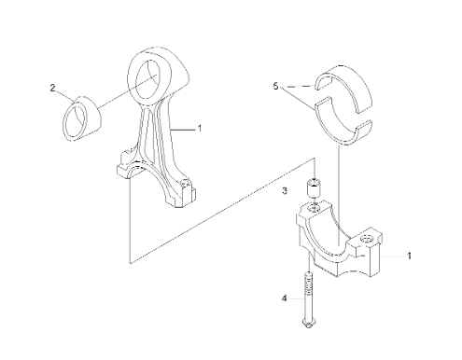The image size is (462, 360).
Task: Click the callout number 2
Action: [52, 88]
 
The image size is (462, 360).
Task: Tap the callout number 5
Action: [275, 86]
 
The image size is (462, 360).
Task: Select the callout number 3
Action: [285, 190]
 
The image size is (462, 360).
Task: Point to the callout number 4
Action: [284, 298]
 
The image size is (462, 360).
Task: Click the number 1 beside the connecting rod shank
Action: [200, 128]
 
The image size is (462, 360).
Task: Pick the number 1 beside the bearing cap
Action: [410, 256]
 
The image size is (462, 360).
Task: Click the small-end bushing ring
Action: [83, 118]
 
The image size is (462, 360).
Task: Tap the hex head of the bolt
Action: [308, 323]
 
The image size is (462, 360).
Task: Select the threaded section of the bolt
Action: [308, 285]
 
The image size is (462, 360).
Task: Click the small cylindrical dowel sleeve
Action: [314, 188]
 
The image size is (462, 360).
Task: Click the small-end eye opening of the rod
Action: [147, 78]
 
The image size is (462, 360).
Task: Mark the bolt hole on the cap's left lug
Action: [314, 208]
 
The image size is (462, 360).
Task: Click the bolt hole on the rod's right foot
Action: [186, 183]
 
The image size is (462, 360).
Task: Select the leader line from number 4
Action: [297, 298]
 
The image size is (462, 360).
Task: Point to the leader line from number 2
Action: [65, 95]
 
